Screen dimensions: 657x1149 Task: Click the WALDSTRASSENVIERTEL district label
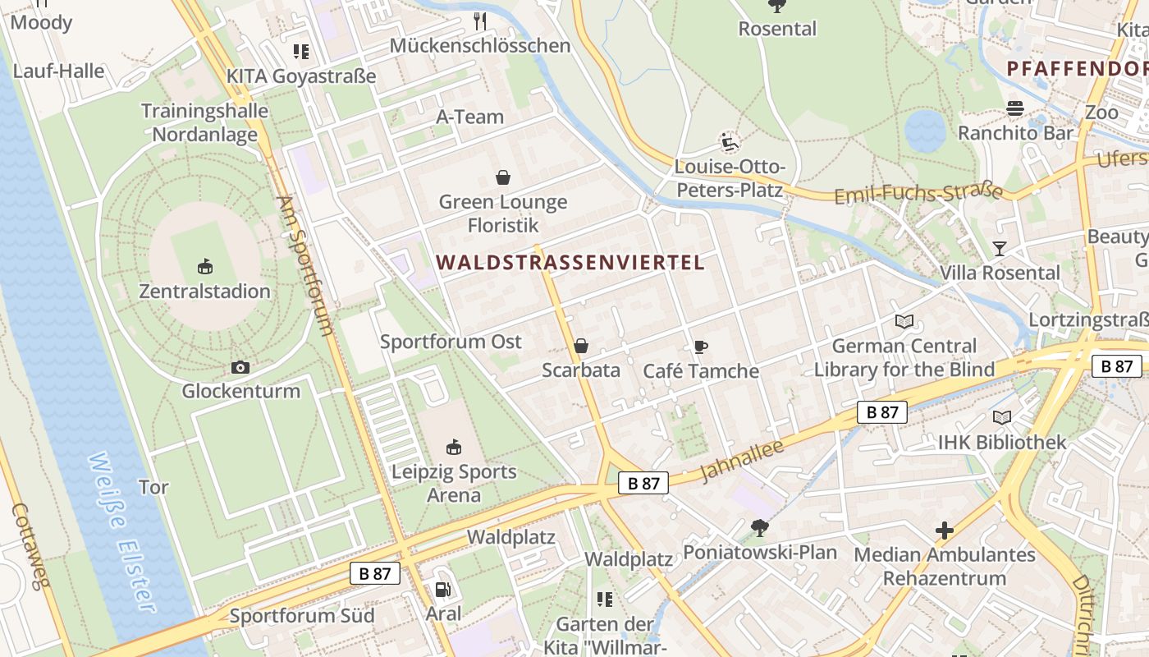pyautogui.click(x=570, y=263)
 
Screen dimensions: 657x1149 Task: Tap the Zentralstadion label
pyautogui.click(x=204, y=292)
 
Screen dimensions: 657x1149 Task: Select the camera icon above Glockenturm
pyautogui.click(x=240, y=367)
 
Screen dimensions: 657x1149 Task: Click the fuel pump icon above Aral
pyautogui.click(x=442, y=589)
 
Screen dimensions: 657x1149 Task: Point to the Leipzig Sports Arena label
pyautogui.click(x=454, y=483)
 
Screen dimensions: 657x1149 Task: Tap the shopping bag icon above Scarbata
pyautogui.click(x=581, y=346)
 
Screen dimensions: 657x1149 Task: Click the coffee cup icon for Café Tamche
pyautogui.click(x=700, y=347)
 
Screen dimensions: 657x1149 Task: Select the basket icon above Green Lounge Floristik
pyautogui.click(x=502, y=177)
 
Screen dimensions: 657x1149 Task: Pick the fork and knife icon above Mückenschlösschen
pyautogui.click(x=480, y=21)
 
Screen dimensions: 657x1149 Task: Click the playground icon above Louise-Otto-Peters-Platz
pyautogui.click(x=729, y=143)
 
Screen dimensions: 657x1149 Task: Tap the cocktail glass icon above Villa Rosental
pyautogui.click(x=999, y=248)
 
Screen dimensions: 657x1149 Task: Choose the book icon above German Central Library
pyautogui.click(x=904, y=321)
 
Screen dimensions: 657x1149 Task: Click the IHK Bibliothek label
pyautogui.click(x=1002, y=443)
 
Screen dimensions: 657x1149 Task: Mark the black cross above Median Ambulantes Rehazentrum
pyautogui.click(x=945, y=531)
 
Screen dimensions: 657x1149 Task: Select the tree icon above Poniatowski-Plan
pyautogui.click(x=760, y=527)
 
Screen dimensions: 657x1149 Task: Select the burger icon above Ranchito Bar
pyautogui.click(x=1015, y=108)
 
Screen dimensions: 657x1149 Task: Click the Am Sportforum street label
pyautogui.click(x=305, y=264)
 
